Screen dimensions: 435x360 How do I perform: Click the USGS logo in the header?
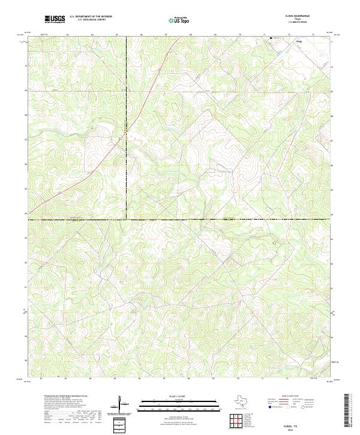(x=55, y=19)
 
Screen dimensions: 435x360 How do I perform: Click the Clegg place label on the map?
(x=299, y=41)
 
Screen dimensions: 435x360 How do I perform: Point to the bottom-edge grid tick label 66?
(x=140, y=379)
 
